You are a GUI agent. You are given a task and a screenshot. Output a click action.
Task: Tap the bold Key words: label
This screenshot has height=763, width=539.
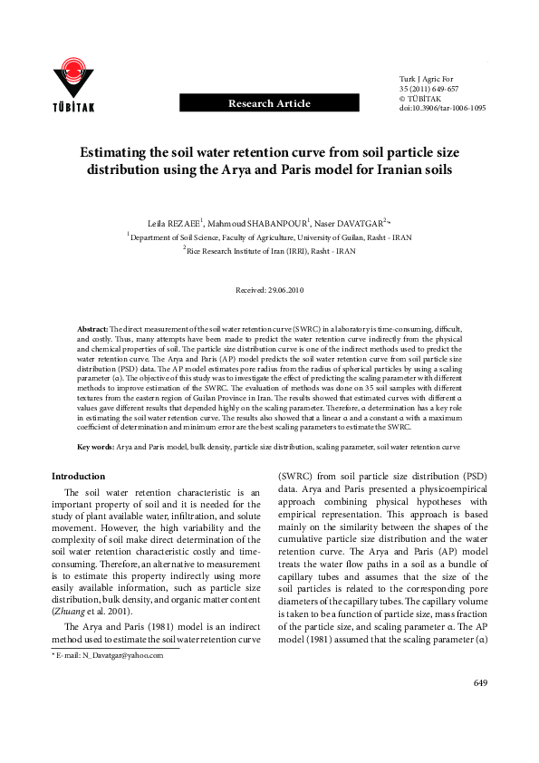95,448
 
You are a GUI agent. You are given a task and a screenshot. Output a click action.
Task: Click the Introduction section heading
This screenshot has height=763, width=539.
78,476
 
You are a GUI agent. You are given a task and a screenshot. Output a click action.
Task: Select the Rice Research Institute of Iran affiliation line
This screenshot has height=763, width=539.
271,248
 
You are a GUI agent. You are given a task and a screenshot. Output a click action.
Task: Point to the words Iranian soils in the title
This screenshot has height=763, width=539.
399,170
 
